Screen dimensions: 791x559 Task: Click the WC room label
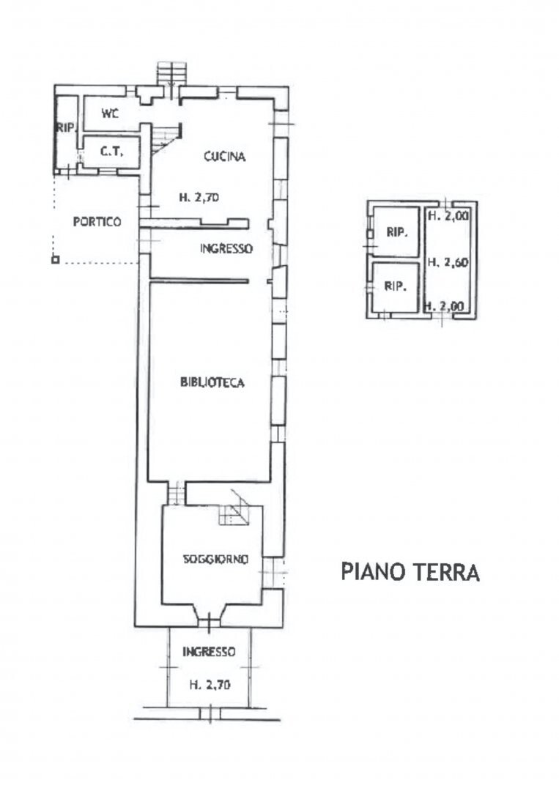110,114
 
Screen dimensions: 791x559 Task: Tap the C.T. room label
110,152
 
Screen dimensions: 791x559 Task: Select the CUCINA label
224,156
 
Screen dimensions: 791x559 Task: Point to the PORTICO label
97,222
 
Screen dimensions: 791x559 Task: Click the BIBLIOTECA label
211,382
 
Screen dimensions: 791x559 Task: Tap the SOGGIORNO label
215,559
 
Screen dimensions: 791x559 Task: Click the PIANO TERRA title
410,571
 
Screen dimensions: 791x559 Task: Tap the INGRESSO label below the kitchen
226,248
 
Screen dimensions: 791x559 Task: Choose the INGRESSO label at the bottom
209,651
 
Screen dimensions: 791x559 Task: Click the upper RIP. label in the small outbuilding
396,232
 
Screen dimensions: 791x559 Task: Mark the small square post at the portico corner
55,259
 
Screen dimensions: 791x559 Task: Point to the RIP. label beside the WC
67,127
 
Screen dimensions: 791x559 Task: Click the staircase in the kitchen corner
166,137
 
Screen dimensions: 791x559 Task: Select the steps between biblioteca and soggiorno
175,492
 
